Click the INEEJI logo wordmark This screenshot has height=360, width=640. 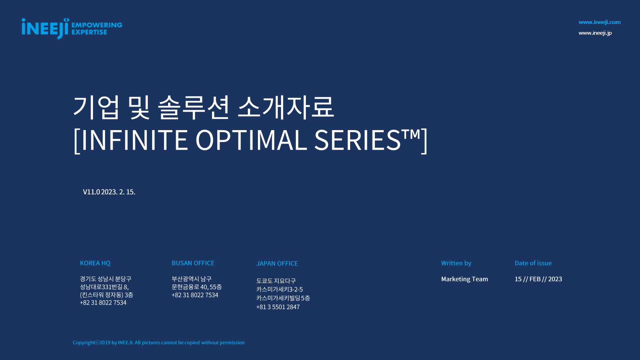pos(45,29)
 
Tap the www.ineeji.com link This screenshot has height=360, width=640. pos(599,22)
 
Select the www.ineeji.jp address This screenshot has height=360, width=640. pos(595,33)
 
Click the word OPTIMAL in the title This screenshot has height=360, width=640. pos(251,140)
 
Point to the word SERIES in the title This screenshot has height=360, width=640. pos(357,140)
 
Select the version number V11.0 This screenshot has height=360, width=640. pos(91,192)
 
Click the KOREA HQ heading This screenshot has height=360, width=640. pos(95,263)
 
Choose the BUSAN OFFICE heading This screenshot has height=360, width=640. pos(193,263)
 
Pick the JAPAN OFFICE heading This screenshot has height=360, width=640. pos(277,263)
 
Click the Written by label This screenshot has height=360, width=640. pos(456,263)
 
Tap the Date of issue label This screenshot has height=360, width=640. pos(533,263)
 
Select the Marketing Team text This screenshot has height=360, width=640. pos(465,279)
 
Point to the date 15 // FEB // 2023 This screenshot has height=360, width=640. pos(538,279)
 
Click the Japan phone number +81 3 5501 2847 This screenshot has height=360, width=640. pos(278,307)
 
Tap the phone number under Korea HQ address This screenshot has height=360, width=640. pos(103,303)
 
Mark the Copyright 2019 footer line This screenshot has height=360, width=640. pos(159,342)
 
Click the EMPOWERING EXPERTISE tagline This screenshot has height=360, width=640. pos(97,29)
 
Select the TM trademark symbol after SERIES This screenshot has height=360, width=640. pos(410,134)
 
